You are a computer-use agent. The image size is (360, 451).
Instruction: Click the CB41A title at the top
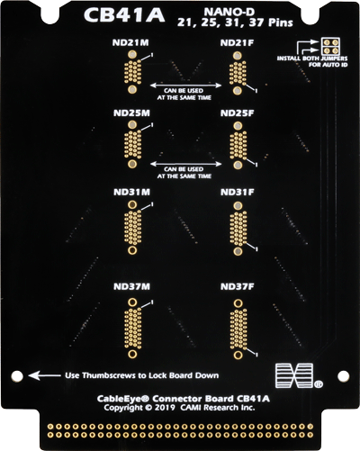(x=124, y=15)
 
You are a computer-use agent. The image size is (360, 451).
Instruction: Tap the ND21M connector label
(x=130, y=42)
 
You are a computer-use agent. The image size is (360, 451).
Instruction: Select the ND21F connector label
(x=237, y=43)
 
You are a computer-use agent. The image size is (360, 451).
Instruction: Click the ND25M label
(x=131, y=113)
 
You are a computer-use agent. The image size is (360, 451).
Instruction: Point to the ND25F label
(x=237, y=113)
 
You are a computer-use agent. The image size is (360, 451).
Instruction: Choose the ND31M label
(x=131, y=192)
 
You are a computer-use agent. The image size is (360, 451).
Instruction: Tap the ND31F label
(x=238, y=192)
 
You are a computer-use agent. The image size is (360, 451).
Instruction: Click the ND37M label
(x=131, y=286)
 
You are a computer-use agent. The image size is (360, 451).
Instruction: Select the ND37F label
(x=238, y=286)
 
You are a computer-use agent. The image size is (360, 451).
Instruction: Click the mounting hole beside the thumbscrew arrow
(x=17, y=376)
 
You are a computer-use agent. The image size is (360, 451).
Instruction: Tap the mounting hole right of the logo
(x=343, y=376)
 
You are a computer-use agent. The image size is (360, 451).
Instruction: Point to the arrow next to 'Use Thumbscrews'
(x=44, y=375)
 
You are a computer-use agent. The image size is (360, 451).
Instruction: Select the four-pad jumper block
(x=330, y=47)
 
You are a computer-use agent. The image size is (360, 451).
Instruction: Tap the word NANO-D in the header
(x=229, y=12)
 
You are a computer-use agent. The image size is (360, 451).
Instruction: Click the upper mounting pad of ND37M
(x=132, y=302)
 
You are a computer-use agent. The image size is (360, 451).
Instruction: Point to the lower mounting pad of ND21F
(x=238, y=91)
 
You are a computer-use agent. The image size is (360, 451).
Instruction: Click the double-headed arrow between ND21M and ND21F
(x=185, y=86)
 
